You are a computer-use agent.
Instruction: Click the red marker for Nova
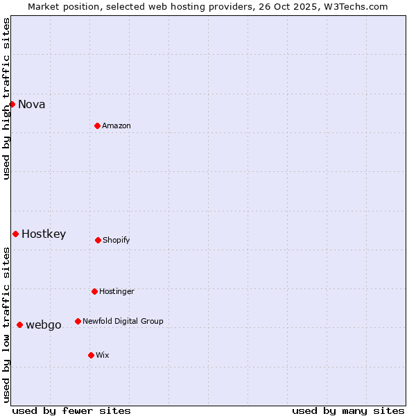coord(12,104)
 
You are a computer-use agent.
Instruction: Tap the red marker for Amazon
coord(97,125)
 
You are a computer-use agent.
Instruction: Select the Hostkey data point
coord(15,234)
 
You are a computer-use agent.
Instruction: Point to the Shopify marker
coord(98,240)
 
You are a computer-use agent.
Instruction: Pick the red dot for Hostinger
coord(94,291)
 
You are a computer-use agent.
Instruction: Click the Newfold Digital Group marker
coord(78,321)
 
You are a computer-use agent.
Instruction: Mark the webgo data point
coord(19,324)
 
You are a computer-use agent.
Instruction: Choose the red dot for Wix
coord(91,355)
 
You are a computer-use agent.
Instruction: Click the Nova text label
coord(32,105)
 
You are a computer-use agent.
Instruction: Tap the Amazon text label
coord(116,126)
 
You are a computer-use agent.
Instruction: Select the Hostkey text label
coord(44,234)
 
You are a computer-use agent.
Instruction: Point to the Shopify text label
coord(116,241)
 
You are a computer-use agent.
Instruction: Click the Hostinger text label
coord(116,292)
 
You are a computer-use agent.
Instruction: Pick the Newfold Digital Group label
coord(123,322)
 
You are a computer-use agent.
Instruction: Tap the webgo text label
coord(44,325)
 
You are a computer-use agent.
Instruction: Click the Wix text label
coord(103,356)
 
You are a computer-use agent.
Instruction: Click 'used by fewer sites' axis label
coord(71,410)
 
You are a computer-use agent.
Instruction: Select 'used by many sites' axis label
coord(348,410)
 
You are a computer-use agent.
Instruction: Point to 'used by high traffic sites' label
coord(7,98)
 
